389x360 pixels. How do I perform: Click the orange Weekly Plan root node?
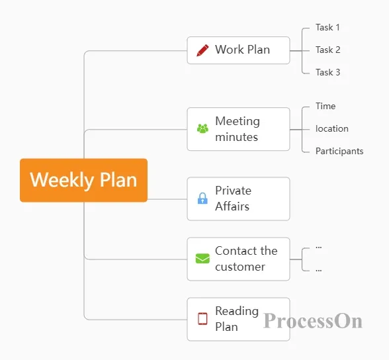tap(83, 181)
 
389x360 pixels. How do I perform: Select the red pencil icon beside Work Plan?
tap(202, 50)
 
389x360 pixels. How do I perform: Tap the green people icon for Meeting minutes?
tap(202, 128)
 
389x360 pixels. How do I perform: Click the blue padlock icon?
tap(202, 198)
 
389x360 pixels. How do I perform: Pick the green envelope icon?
tap(202, 259)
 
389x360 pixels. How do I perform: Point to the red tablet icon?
tap(202, 318)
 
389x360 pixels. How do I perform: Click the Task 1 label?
tap(327, 27)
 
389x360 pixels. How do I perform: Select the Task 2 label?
tap(327, 50)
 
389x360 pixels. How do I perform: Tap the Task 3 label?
tap(327, 72)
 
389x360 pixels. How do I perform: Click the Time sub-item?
tap(325, 106)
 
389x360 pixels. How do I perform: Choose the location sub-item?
tap(332, 129)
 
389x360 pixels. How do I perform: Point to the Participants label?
tap(339, 152)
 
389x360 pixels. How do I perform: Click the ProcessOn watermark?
tap(313, 321)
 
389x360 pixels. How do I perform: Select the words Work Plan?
tap(242, 50)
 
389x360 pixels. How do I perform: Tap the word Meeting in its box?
tap(238, 122)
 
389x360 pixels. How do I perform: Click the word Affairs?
tap(232, 206)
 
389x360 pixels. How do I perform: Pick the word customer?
tap(240, 267)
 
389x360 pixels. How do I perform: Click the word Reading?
tap(237, 312)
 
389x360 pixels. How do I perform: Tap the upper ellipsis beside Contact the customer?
tap(319, 247)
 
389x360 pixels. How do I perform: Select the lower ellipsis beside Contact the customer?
tap(319, 270)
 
